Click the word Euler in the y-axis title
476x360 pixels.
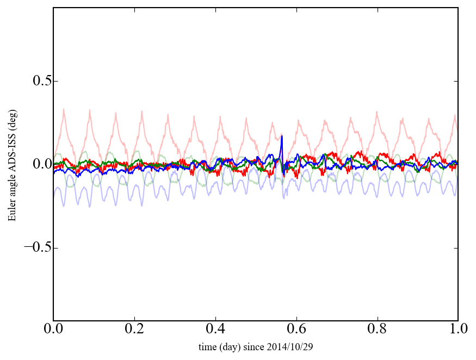pyautogui.click(x=12, y=212)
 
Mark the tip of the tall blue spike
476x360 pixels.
pyautogui.click(x=282, y=136)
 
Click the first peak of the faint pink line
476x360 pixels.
pyautogui.click(x=64, y=109)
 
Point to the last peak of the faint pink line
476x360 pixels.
pyautogui.click(x=455, y=115)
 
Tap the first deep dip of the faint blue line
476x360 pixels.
pyautogui.click(x=64, y=206)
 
